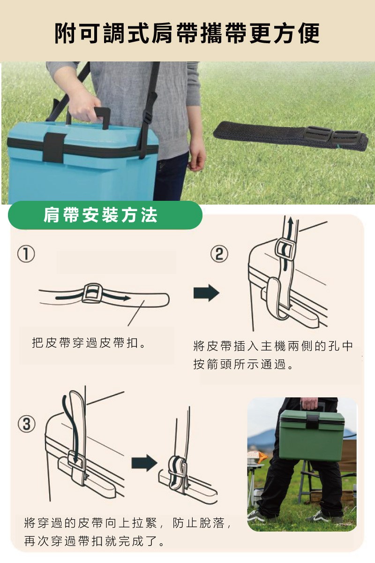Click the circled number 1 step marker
point(26,255)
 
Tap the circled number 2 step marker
point(219,254)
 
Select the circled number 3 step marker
point(27,424)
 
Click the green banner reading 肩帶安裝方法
point(105,215)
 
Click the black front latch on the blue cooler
point(54,147)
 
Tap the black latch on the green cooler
point(313,422)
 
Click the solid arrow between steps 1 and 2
point(206,293)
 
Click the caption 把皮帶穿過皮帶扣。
point(89,343)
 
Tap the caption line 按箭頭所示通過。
point(243,364)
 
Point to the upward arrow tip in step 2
point(291,219)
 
